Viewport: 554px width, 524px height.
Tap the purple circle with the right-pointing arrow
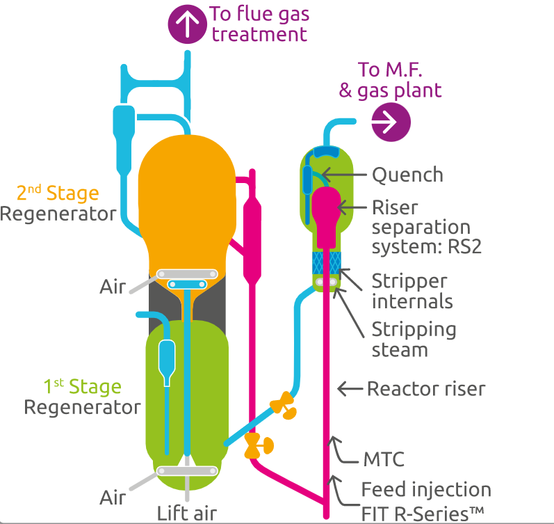coord(391,122)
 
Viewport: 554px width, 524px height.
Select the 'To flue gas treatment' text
coord(259,23)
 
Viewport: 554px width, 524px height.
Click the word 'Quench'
coord(407,175)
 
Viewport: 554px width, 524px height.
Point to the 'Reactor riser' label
coord(425,388)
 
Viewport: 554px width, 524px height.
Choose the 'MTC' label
coord(383,460)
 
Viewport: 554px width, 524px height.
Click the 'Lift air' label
coord(186,513)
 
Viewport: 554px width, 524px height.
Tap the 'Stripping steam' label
coord(414,338)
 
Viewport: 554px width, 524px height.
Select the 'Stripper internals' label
coord(412,291)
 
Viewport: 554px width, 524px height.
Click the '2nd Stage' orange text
coord(58,193)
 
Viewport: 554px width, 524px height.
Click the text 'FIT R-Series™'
coord(423,513)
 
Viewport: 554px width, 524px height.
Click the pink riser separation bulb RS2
coord(325,209)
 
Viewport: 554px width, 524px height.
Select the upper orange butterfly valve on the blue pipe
coord(284,405)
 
